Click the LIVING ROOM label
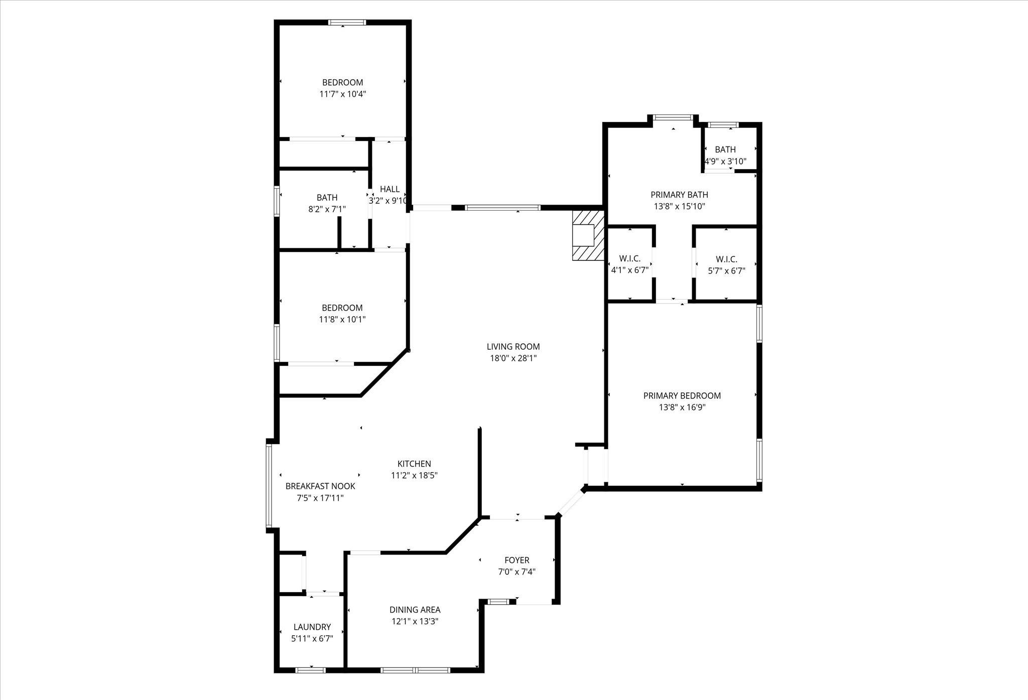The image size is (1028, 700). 513,347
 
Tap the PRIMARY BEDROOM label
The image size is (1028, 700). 682,396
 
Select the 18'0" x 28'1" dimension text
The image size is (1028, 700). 513,358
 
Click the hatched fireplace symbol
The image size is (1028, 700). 588,235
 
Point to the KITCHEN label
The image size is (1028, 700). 414,464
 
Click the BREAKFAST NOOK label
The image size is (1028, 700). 320,486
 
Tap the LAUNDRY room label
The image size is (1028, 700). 312,627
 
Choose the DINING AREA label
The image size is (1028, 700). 415,610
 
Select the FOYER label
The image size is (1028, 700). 517,561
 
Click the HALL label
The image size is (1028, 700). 390,189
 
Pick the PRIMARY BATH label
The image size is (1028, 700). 680,195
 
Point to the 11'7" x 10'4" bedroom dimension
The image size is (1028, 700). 343,94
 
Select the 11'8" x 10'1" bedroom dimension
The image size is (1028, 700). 342,319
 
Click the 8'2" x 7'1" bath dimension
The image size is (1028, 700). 327,209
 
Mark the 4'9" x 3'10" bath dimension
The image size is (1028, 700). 726,162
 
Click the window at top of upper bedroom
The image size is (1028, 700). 347,23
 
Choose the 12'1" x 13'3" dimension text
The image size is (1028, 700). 415,622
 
